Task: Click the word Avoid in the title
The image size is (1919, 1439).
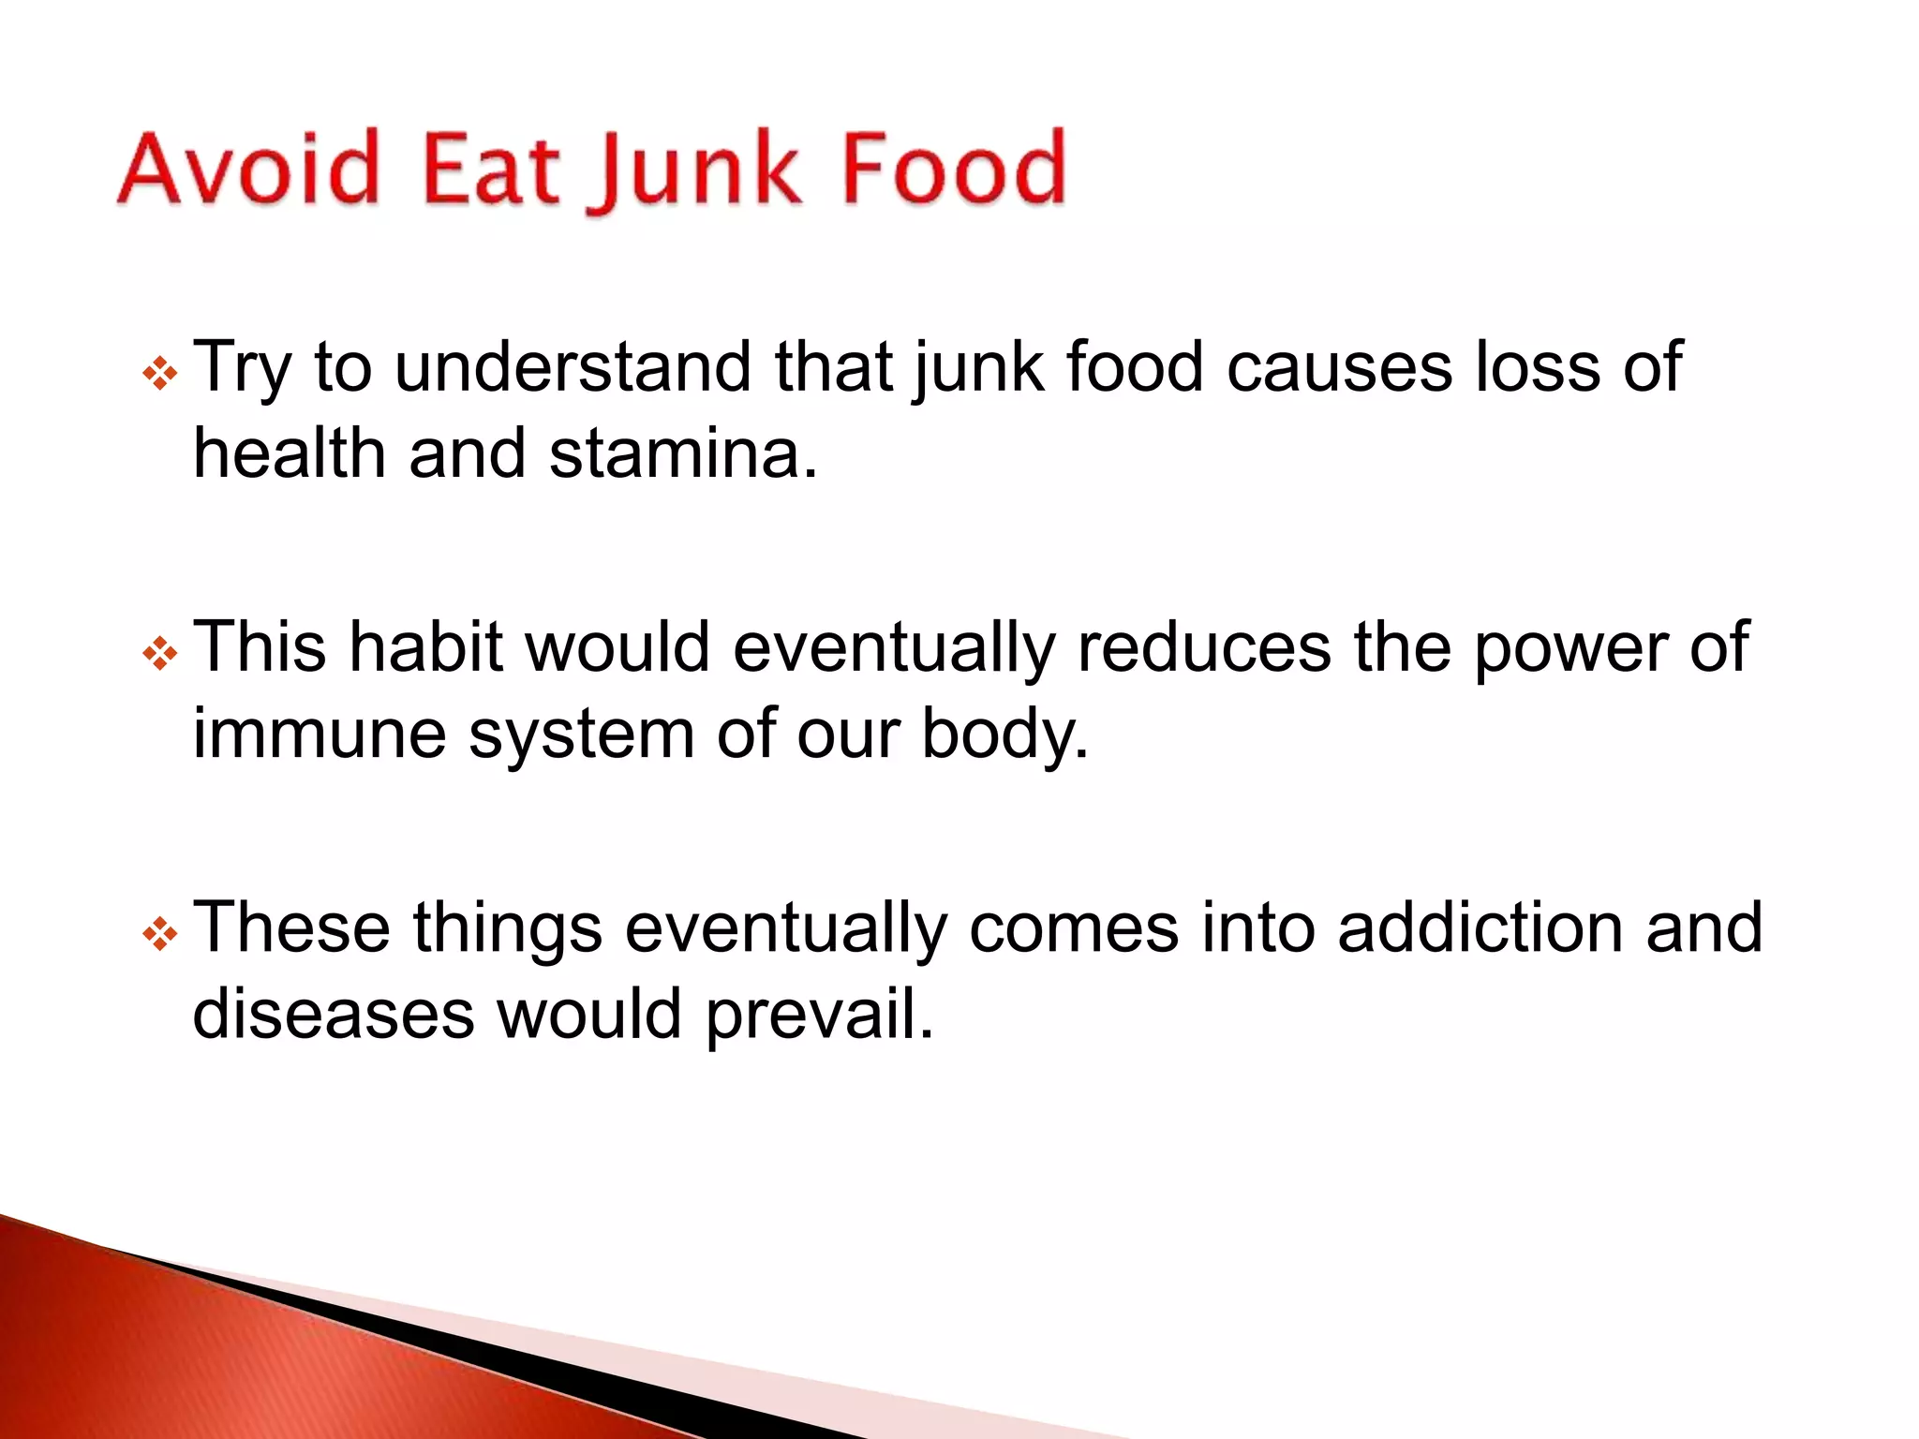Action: [x=248, y=169]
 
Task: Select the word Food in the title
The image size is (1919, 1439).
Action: [x=955, y=169]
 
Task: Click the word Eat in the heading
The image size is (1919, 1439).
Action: [x=491, y=169]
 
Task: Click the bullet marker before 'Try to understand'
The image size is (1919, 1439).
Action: [x=160, y=374]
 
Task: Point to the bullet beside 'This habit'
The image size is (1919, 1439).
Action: [x=160, y=654]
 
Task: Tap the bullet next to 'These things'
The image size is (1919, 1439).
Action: [x=160, y=934]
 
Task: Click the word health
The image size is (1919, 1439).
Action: [x=289, y=453]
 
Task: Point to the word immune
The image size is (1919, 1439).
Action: [x=320, y=734]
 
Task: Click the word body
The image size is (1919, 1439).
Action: [x=1004, y=735]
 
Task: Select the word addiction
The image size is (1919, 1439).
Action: [x=1480, y=927]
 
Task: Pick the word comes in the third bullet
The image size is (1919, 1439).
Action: [x=1074, y=927]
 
